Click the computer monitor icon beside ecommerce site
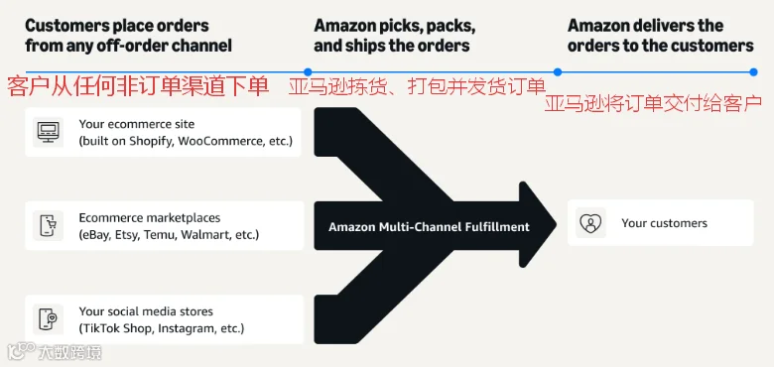(49, 132)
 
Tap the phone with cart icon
(49, 225)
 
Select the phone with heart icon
(49, 319)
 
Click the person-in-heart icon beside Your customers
(590, 223)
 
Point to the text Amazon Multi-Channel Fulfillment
(429, 227)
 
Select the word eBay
(95, 235)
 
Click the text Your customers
(664, 223)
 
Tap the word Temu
(162, 235)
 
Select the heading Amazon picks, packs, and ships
(394, 36)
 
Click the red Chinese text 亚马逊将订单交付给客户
(653, 103)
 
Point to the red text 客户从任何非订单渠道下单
(138, 87)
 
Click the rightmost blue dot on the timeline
(753, 72)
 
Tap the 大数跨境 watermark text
(70, 352)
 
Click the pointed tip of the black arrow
(557, 225)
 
